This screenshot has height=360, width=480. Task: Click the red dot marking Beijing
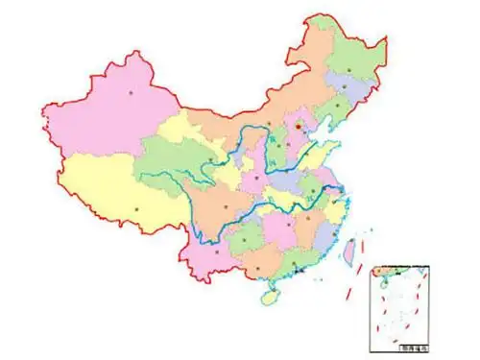click(x=299, y=124)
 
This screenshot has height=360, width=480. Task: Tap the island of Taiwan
click(x=350, y=251)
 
